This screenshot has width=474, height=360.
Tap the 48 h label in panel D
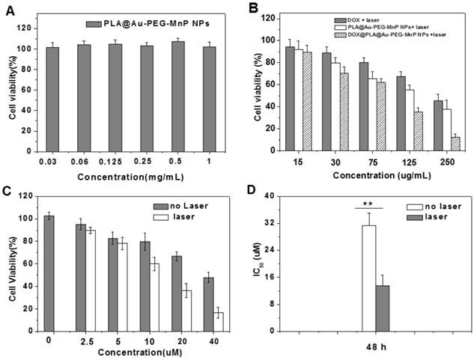click(375, 344)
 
